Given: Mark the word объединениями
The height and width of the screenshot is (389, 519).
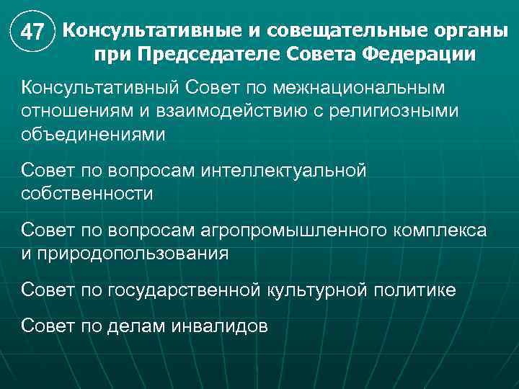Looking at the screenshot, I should click(x=93, y=135).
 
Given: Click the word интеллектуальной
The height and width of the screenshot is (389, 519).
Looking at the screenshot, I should click(x=285, y=171).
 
